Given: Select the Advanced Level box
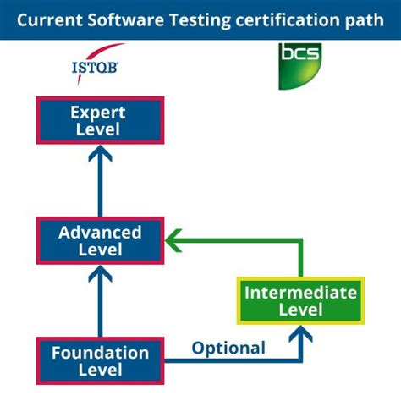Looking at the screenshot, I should coord(100,240).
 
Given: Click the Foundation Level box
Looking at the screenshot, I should coord(100,361).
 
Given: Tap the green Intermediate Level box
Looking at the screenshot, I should coord(301,301).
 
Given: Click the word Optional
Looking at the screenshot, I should coord(228,348).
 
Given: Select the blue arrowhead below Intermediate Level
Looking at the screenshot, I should coord(301,335).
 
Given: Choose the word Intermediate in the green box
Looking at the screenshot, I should coord(301,292).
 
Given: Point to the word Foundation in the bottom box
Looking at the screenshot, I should coord(100,352).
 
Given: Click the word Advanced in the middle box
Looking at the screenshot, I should coord(100,231).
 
